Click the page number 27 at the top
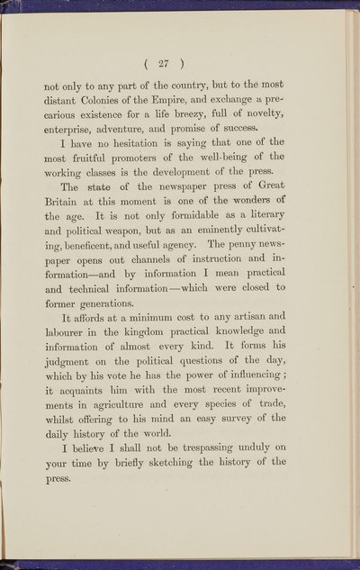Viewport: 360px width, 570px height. coord(179,63)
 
